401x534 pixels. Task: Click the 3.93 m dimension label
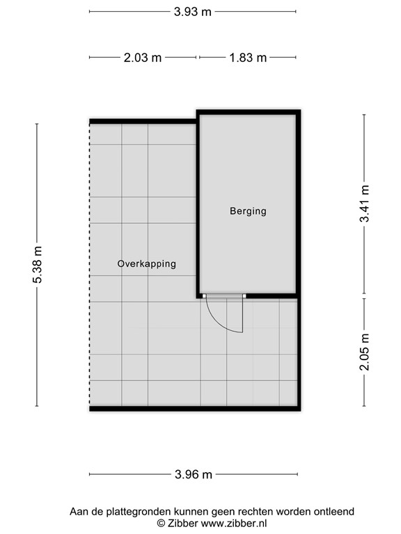193,12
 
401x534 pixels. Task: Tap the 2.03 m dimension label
143,58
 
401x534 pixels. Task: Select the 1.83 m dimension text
248,58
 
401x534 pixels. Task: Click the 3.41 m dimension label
364,204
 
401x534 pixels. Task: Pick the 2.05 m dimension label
364,352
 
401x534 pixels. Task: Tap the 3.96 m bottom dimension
194,475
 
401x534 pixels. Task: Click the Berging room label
248,211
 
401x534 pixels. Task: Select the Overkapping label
146,264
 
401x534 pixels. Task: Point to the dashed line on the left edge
90,264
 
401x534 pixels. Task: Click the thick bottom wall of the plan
195,409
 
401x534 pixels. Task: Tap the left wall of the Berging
198,202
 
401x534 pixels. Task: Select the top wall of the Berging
249,111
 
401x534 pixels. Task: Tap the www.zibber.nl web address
236,523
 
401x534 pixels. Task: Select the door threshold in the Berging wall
224,296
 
